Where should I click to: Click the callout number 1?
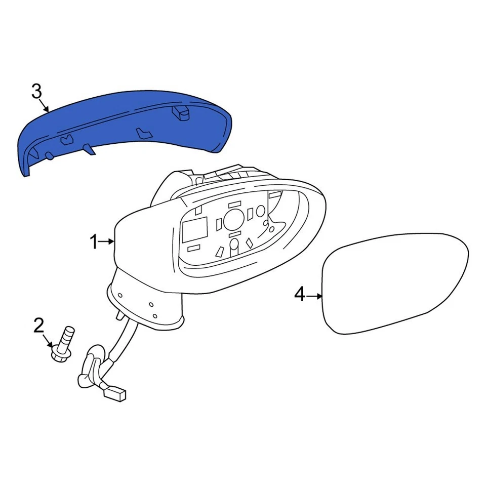[x=94, y=242]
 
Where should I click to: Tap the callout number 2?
[x=39, y=326]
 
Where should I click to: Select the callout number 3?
[x=36, y=92]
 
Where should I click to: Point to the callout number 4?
[x=300, y=294]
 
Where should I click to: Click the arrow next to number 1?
[x=107, y=242]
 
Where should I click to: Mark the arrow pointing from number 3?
[x=45, y=105]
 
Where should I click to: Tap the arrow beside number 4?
[x=314, y=295]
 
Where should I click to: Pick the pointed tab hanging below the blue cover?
[x=88, y=149]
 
